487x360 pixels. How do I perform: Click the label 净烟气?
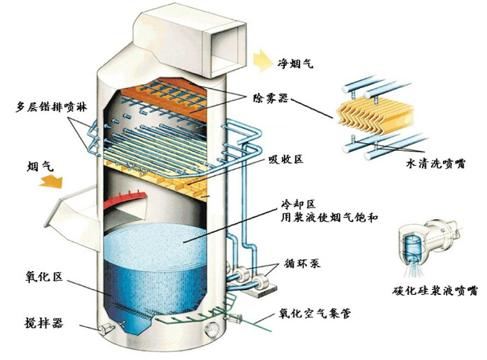296,62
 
